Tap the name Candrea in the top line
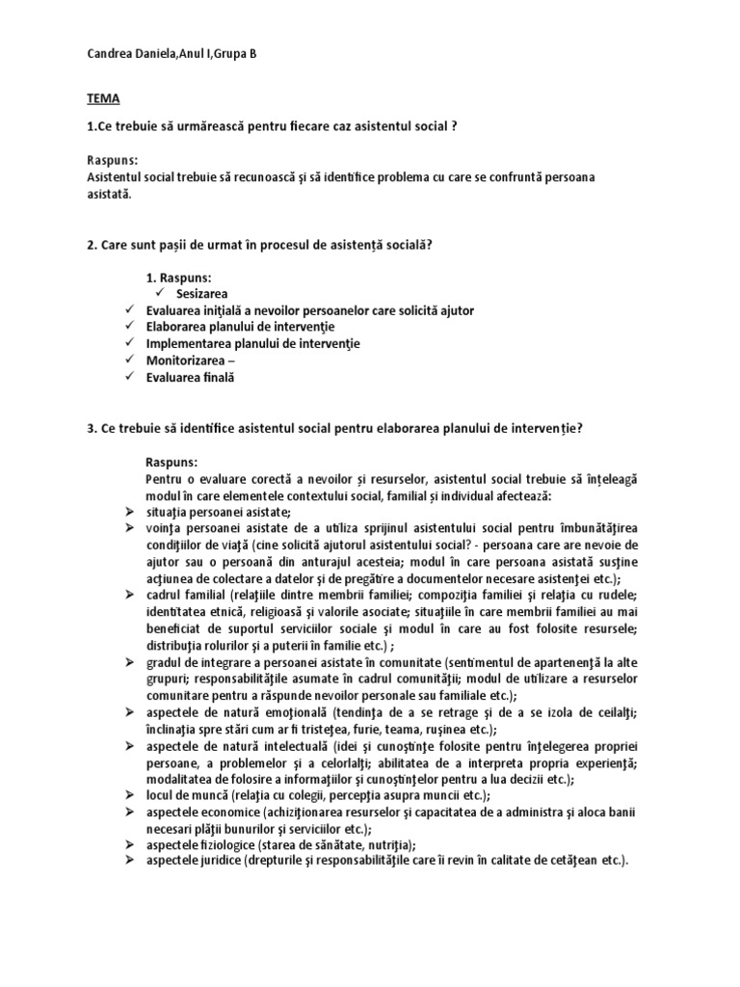point(109,53)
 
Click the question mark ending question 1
point(454,126)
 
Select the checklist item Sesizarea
point(203,294)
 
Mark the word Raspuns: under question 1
point(112,161)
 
